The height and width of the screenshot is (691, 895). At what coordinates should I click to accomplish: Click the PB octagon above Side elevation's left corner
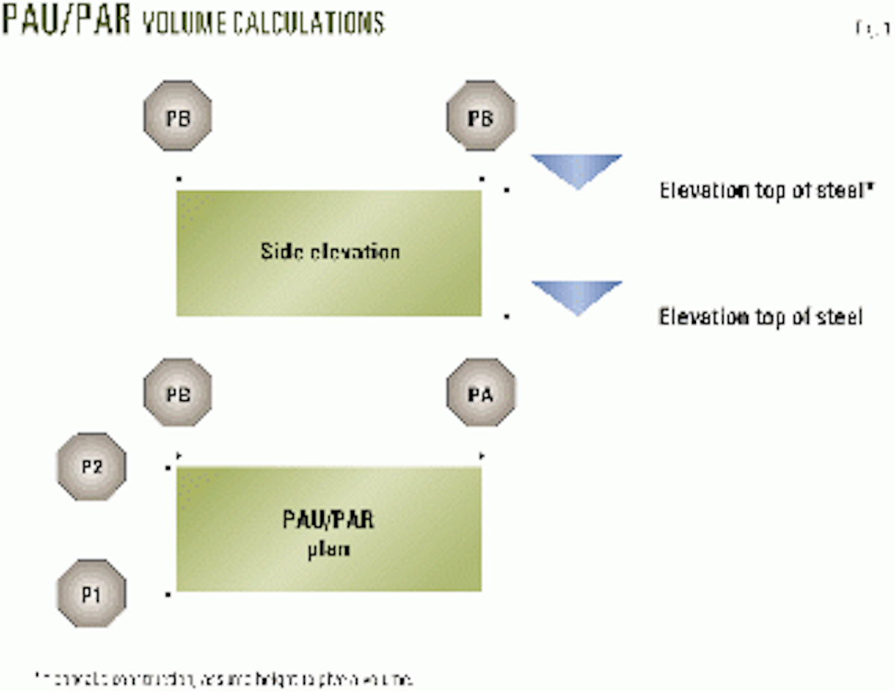178,116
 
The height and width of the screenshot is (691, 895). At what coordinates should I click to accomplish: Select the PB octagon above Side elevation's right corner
481,116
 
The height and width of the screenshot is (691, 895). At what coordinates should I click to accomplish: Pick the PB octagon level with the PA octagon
178,393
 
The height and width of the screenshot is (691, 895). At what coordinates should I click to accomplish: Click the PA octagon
481,393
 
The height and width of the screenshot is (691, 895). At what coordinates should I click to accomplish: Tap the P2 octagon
92,467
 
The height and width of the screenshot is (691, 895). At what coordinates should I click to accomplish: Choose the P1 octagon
92,594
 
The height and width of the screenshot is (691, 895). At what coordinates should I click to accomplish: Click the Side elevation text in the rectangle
330,251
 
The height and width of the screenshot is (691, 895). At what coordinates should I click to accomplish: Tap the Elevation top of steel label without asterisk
759,318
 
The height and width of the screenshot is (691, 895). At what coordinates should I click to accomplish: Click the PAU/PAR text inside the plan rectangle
328,519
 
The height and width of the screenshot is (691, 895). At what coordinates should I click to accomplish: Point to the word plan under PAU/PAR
329,551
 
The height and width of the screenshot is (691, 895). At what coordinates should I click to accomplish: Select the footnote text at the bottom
224,680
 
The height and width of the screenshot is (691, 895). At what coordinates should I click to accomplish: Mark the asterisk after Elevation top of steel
868,186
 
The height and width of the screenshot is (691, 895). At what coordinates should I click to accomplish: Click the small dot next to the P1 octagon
169,594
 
